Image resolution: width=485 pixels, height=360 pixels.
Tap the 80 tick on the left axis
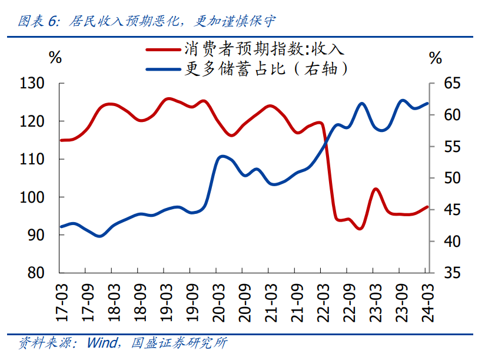(45, 273)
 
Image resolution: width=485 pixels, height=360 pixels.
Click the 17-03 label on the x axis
(61, 303)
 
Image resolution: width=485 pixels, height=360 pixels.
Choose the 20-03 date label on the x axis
(217, 303)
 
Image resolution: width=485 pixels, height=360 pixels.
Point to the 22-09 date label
(348, 303)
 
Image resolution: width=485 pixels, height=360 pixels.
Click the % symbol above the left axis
(55, 57)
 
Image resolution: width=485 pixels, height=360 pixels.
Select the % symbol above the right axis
(436, 57)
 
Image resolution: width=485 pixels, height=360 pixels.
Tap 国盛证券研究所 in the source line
(179, 342)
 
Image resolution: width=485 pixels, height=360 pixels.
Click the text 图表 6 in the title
(38, 22)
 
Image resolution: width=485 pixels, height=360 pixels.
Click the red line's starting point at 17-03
(61, 140)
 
